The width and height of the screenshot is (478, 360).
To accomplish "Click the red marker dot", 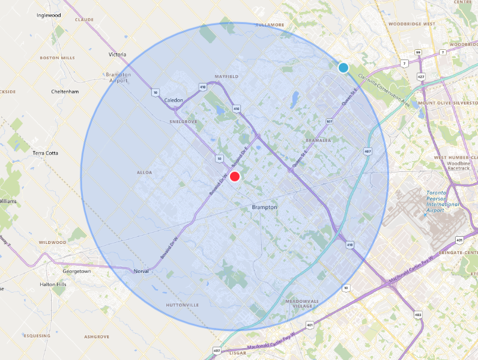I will point(235,177).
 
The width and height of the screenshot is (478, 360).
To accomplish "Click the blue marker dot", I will point(343,68).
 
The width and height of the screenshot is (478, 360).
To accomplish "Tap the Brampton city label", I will point(264,207).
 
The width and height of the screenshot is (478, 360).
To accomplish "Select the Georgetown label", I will point(77,272).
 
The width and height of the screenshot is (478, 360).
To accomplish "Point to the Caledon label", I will point(174,100).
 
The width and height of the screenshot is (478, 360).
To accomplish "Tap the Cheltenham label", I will point(65,92).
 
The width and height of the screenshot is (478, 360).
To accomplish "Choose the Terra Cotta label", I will point(46,153).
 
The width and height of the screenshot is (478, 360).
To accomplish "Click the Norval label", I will point(141,272).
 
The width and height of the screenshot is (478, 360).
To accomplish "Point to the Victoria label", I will point(118,55).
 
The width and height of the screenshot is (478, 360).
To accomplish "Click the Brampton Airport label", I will point(118,77).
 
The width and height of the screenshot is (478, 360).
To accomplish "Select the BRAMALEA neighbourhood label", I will point(318,139).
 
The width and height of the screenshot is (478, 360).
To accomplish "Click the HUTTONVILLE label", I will point(183,305).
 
